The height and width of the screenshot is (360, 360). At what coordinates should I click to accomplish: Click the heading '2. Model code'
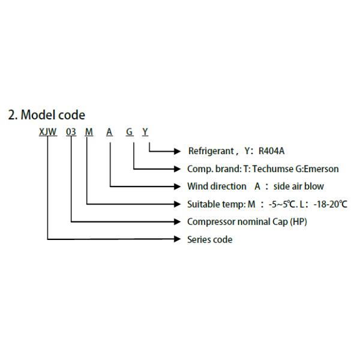(46, 115)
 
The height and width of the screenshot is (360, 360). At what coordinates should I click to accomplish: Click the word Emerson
(321, 169)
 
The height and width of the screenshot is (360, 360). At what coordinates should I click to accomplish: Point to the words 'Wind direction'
(217, 187)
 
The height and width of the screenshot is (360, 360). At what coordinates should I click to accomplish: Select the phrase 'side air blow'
(290, 187)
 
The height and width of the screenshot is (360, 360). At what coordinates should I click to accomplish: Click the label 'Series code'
(209, 239)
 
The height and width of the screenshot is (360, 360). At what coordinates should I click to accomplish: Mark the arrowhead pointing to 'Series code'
(177, 239)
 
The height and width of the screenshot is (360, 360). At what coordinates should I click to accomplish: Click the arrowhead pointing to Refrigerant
(177, 151)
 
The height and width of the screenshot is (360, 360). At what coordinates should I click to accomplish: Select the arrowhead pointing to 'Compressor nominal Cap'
(177, 221)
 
